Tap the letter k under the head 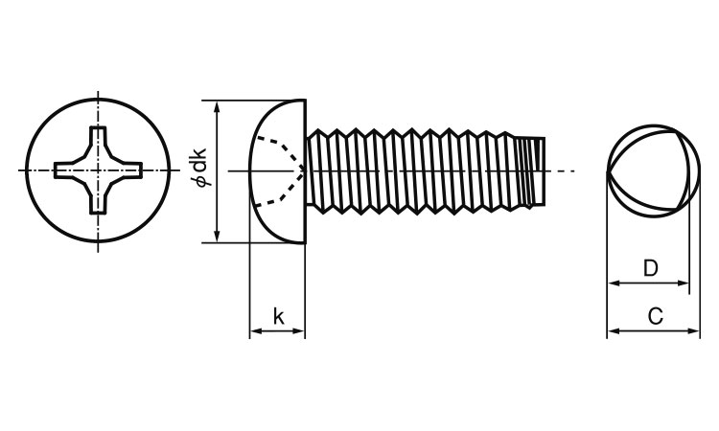pos(278,316)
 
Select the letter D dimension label pos(651,268)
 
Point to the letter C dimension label pos(656,316)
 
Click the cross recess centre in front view pos(98,170)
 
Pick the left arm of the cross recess pos(69,170)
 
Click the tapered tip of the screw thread pos(531,171)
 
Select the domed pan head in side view pos(277,170)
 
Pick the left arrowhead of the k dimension pos(255,330)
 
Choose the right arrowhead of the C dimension pos(694,330)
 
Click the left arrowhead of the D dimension pos(614,284)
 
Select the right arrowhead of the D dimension pos(683,284)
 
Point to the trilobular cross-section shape pos(649,171)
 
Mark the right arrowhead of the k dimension pos(298,330)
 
